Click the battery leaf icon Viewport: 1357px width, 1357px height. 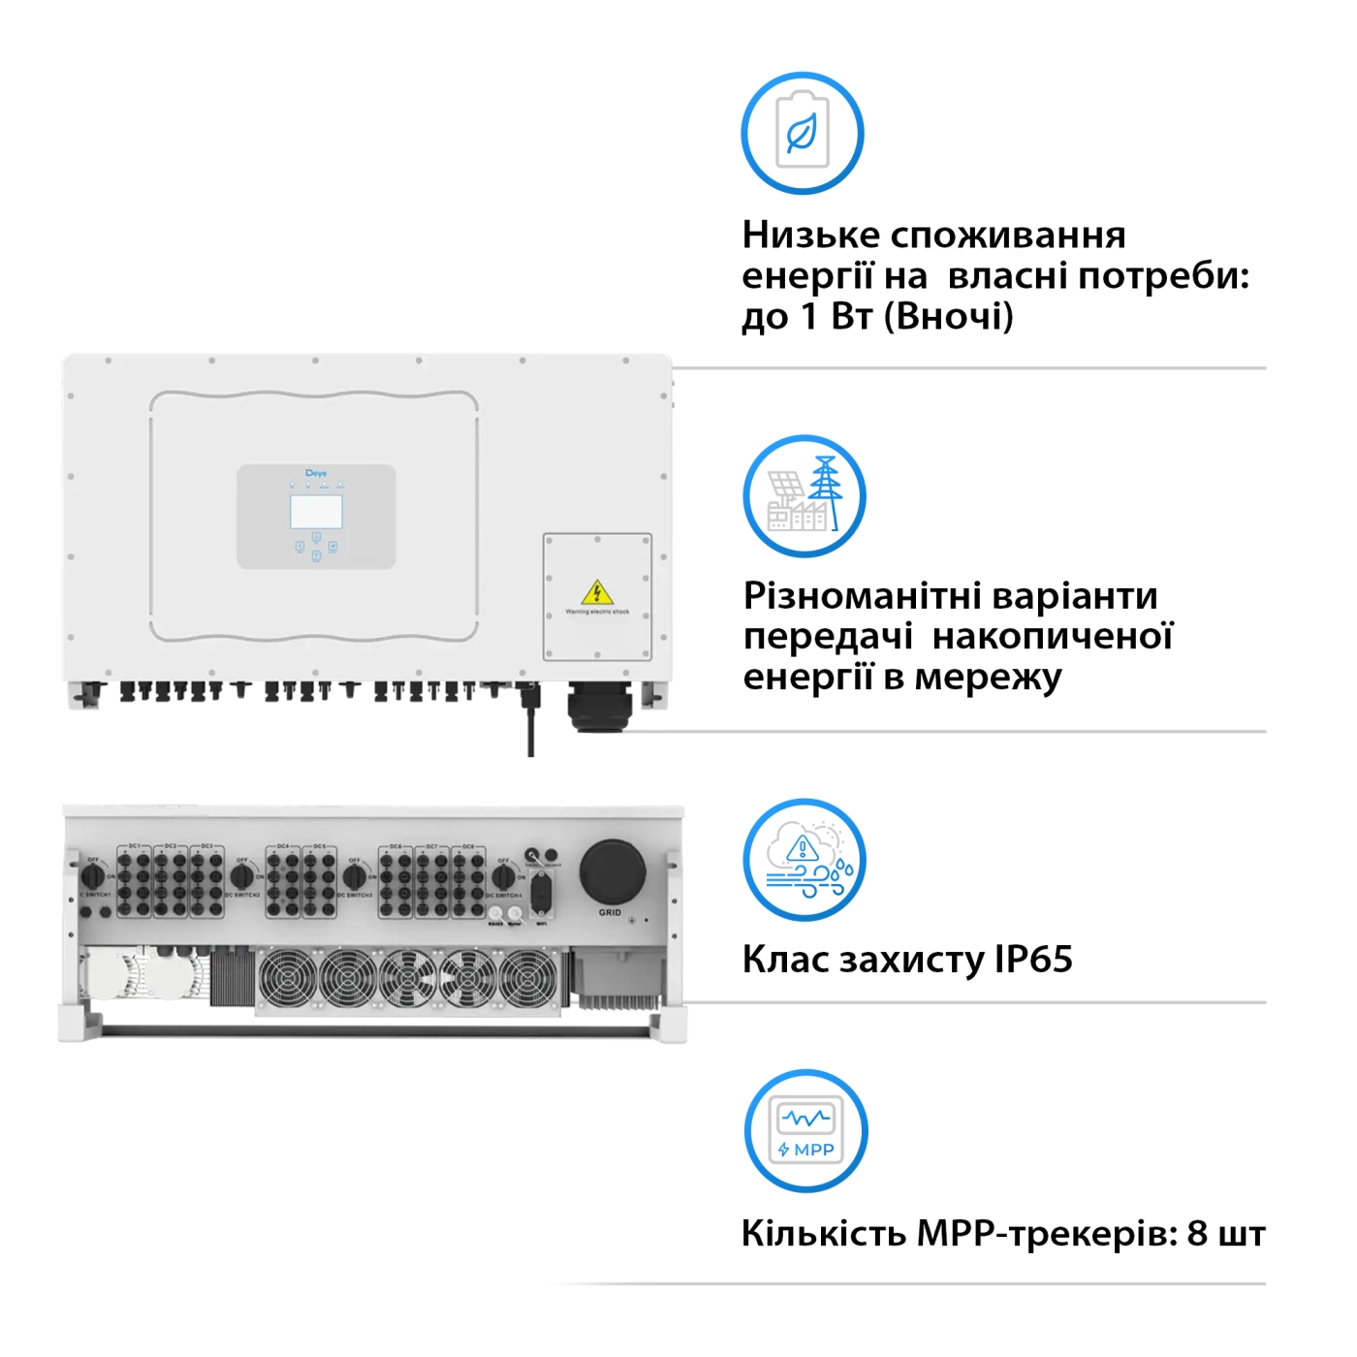803,133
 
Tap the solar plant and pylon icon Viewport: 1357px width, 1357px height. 805,496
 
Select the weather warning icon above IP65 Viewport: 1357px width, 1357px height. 805,860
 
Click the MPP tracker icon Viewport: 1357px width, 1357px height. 805,1131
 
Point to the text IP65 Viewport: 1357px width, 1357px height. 1033,960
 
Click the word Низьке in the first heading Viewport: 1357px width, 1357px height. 811,235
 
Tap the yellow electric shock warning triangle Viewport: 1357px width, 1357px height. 597,592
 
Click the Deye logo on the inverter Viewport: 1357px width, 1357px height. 316,473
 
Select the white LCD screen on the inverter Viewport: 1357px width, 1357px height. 316,512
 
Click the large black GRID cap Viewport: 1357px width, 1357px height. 613,871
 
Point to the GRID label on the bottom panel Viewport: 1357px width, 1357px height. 610,912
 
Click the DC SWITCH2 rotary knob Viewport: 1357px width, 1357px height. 242,877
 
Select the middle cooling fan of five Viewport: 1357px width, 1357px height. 407,979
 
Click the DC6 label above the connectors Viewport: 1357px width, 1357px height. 396,847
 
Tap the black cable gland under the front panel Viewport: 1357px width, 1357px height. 599,707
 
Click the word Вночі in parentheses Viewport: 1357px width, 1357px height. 949,316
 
